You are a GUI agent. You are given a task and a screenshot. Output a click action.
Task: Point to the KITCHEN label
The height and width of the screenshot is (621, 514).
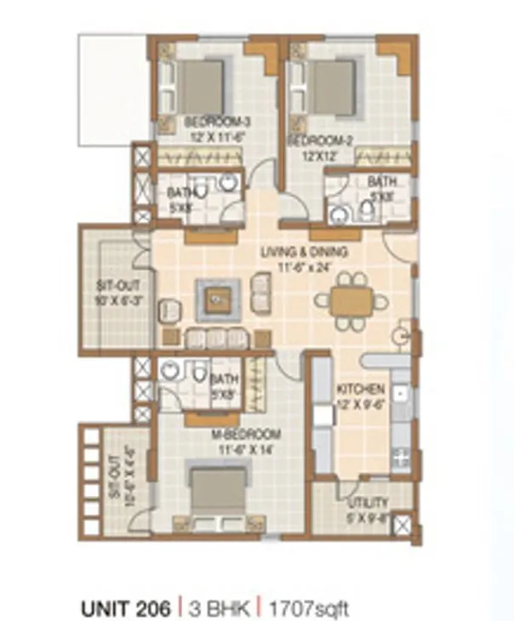pyautogui.click(x=354, y=388)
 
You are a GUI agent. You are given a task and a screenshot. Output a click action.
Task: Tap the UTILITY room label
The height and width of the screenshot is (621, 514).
pyautogui.click(x=367, y=503)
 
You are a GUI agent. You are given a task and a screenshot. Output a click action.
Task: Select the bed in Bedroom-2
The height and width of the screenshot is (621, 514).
pyautogui.click(x=330, y=84)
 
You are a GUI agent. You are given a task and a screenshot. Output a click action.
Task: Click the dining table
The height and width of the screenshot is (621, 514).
pyautogui.click(x=351, y=299)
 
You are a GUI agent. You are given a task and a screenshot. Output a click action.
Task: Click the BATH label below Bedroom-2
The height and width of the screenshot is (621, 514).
pyautogui.click(x=381, y=181)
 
